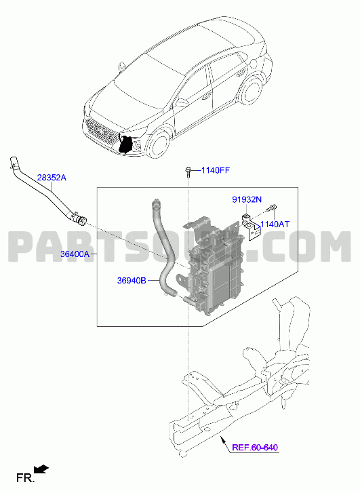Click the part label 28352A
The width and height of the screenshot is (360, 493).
point(52,178)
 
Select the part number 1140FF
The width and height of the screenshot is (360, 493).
point(216,170)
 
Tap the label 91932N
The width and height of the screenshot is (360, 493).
point(247,199)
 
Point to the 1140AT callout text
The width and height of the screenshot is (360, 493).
point(275,224)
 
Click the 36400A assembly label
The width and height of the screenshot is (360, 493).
point(75,254)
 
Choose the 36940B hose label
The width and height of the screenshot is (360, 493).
point(132,280)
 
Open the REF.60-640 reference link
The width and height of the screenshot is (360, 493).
point(255,447)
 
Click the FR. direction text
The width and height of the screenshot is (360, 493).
point(25,478)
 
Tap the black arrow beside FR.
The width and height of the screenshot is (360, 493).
point(41,469)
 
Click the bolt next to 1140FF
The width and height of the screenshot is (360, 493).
point(188,171)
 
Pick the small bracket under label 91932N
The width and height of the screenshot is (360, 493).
point(252,226)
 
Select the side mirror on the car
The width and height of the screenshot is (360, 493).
point(181,102)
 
